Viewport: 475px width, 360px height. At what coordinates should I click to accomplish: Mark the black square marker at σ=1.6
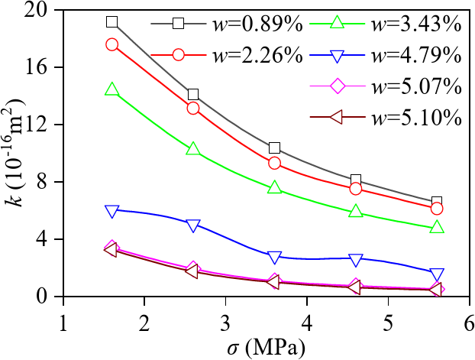point(112,22)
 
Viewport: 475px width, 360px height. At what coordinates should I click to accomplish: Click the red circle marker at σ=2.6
point(193,108)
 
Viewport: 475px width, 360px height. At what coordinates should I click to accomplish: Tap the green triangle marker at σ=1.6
point(112,90)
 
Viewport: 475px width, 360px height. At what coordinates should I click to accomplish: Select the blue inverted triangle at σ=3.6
point(275,258)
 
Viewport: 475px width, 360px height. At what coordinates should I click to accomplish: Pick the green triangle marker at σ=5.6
point(437,227)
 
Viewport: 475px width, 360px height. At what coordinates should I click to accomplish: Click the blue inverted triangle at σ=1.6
point(112,211)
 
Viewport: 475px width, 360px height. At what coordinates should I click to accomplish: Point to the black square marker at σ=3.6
point(275,148)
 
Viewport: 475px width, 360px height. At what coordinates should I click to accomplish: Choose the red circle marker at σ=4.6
point(356,189)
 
